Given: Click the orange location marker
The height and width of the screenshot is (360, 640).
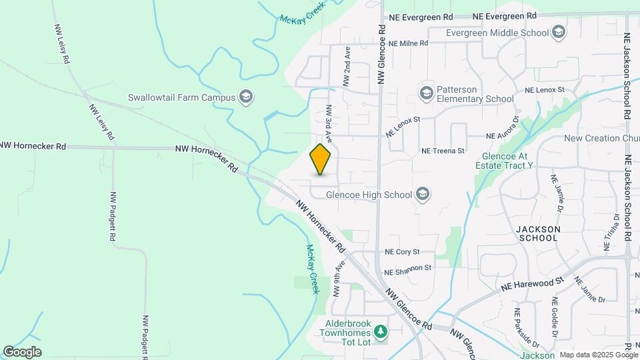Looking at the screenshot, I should point(321,159).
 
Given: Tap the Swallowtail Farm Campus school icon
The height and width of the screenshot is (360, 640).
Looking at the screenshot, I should point(246,97).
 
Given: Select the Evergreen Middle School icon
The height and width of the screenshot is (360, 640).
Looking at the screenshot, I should point(559,32).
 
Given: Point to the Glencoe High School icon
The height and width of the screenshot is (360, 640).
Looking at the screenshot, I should point(421,195).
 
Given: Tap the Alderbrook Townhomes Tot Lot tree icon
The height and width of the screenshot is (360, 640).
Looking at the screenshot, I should point(380,331).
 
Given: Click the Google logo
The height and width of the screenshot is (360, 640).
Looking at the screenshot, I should point(22,352).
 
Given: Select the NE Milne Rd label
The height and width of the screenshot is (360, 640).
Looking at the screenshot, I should point(407,43).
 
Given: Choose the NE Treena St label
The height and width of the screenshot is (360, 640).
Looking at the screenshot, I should point(443,151).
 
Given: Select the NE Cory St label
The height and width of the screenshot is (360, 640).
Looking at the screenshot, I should point(402,252).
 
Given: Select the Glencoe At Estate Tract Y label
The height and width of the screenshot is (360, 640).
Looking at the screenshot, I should point(507,161).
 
